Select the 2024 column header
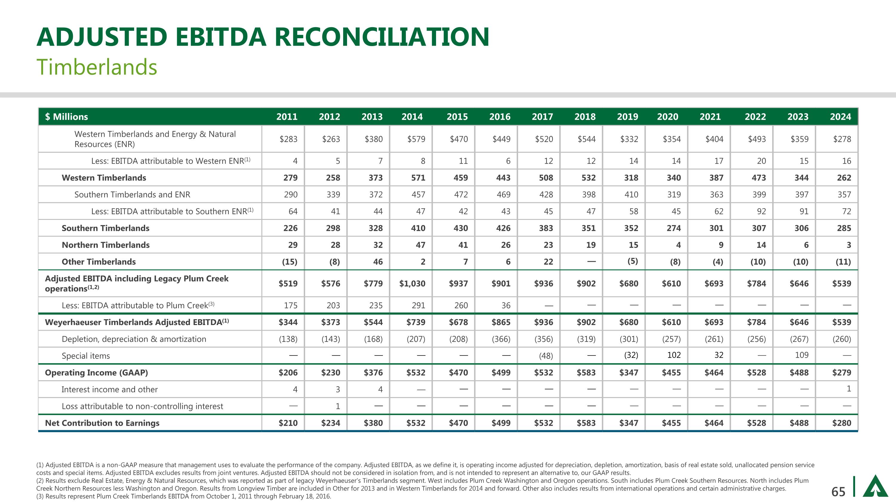pos(840,117)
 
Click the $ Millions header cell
pos(66,117)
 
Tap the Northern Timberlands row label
pos(105,245)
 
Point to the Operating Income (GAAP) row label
pos(96,373)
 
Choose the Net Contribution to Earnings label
pos(102,423)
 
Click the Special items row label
pos(85,356)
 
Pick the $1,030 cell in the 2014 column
pos(412,284)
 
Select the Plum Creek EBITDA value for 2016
pos(506,305)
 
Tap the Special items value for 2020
pos(674,355)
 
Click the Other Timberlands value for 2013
pos(378,262)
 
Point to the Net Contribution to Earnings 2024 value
pos(842,423)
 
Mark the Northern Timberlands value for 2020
pos(678,245)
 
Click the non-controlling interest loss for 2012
pos(337,406)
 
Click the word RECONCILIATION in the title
pos(382,37)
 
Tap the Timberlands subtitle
pos(97,67)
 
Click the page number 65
pos(838,491)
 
